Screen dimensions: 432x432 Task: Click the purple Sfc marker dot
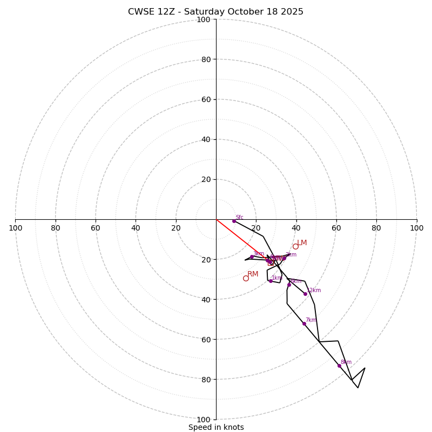point(234,221)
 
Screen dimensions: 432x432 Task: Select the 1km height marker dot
point(271,281)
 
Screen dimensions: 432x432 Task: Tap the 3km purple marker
point(252,256)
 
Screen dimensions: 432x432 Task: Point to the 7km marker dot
point(304,324)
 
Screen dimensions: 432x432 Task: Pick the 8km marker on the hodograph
point(339,366)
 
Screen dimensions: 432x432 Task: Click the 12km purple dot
point(305,294)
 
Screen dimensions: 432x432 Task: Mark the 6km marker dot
point(289,285)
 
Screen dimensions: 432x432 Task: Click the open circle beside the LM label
point(295,247)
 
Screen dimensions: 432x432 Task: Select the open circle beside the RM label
point(246,278)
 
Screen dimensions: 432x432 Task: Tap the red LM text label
point(302,243)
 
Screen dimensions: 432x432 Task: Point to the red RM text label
point(253,274)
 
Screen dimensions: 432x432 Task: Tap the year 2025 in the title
point(292,12)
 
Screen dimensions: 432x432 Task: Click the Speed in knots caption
point(216,427)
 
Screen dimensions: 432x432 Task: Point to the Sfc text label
point(239,218)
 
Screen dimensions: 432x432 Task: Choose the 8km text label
point(346,362)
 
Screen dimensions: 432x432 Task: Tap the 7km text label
point(310,320)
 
